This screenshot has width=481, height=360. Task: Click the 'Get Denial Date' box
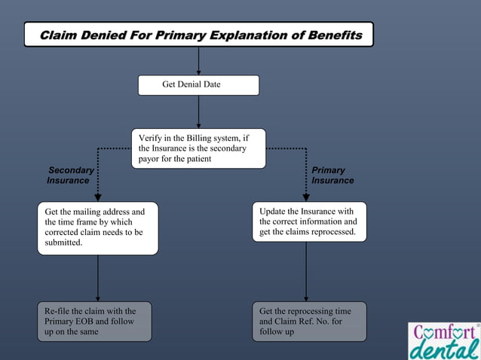(x=198, y=85)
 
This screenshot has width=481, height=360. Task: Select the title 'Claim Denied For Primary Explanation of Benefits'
(x=198, y=35)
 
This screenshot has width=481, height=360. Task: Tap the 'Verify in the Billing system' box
(x=198, y=148)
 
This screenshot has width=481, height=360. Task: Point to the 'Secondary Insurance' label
(x=69, y=175)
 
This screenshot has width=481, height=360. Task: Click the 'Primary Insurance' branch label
(x=332, y=175)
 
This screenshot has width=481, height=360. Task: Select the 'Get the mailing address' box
(x=98, y=227)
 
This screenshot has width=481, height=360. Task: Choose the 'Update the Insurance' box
(x=309, y=221)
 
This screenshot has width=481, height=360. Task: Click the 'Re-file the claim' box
(x=94, y=322)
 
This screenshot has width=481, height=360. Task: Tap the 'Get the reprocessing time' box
(x=309, y=322)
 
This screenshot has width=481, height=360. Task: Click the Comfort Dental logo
(x=443, y=340)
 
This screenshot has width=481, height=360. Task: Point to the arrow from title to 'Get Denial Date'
(x=198, y=60)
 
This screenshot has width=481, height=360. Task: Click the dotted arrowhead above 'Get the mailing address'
(x=98, y=197)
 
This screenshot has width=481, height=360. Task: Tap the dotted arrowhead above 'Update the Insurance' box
(x=306, y=197)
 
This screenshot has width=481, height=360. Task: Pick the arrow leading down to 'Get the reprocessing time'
(x=306, y=271)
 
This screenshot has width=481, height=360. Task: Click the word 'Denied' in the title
(x=104, y=35)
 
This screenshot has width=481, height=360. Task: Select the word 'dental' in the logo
(x=443, y=349)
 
